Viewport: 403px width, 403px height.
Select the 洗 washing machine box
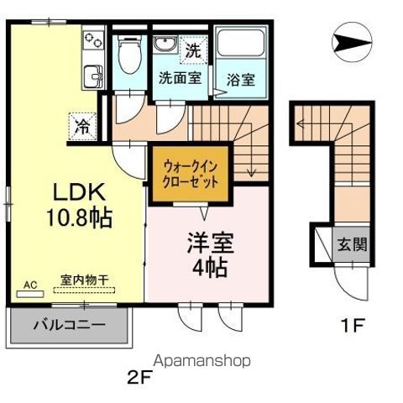pyautogui.click(x=193, y=50)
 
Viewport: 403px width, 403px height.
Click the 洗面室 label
pyautogui.click(x=181, y=79)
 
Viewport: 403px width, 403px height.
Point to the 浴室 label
pyautogui.click(x=240, y=81)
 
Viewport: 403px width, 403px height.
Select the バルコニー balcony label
pyautogui.click(x=69, y=324)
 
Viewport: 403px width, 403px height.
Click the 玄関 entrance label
pyautogui.click(x=352, y=246)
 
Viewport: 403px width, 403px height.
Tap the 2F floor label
pyautogui.click(x=138, y=376)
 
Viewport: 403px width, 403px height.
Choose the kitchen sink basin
pyautogui.click(x=90, y=77)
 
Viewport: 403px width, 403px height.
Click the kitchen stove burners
pyautogui.click(x=91, y=41)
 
